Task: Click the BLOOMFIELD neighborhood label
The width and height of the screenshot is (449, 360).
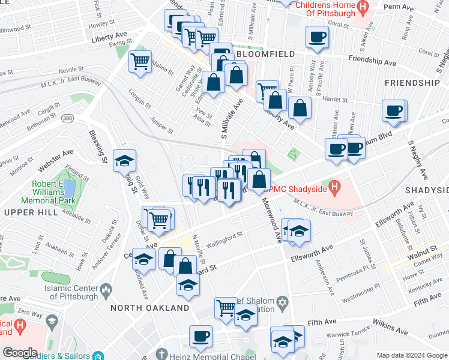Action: point(265,54)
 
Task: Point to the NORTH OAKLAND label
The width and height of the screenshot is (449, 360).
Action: point(150,308)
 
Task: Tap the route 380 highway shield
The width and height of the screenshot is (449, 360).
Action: point(68,119)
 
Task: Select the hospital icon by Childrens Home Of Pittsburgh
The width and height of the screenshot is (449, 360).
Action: point(362,8)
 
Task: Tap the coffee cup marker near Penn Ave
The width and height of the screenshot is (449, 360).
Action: point(317,37)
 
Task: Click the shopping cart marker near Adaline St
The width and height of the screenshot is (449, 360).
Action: point(140,61)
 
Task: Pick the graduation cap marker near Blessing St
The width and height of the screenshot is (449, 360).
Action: point(124,160)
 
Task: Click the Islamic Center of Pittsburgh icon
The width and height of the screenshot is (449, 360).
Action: point(107,291)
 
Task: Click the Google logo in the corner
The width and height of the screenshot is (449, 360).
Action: point(20,353)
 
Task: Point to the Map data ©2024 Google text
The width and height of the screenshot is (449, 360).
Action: point(412,355)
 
